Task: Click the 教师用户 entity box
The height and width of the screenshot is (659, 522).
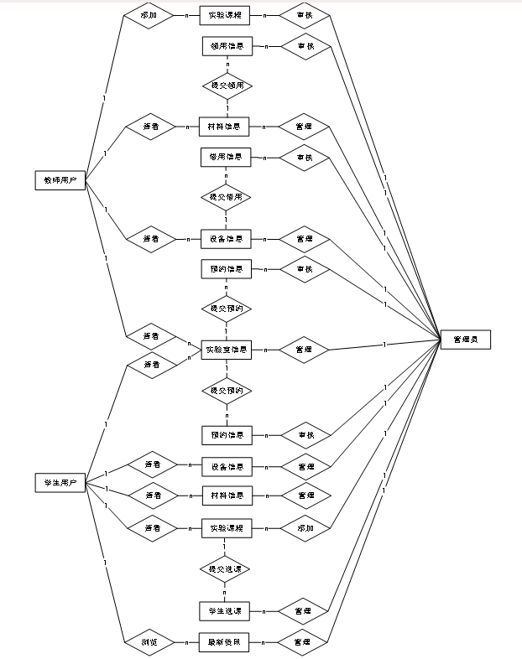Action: (x=60, y=180)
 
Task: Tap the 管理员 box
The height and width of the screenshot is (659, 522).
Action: (x=465, y=340)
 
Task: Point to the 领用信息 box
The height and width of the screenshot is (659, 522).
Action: (x=227, y=46)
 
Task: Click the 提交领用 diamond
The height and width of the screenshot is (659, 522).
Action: (x=227, y=86)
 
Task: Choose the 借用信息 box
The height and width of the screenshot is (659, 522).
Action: (x=227, y=158)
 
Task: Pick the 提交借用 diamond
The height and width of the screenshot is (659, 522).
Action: (x=227, y=197)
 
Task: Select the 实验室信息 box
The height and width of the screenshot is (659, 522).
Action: (x=227, y=350)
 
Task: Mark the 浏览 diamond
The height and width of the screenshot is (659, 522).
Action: (x=151, y=642)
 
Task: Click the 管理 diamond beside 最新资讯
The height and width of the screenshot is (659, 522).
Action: (x=304, y=642)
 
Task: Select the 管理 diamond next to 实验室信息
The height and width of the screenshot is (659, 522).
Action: (x=304, y=350)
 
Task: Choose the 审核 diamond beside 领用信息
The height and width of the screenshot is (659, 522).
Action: (x=304, y=46)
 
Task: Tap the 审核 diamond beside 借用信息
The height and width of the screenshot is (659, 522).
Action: (x=304, y=158)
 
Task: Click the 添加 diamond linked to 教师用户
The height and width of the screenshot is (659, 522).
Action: (x=151, y=16)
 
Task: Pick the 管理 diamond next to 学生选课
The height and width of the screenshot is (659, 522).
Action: (x=304, y=610)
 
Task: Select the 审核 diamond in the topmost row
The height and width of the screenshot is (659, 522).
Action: (x=304, y=16)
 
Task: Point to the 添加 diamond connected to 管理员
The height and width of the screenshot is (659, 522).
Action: (x=304, y=529)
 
